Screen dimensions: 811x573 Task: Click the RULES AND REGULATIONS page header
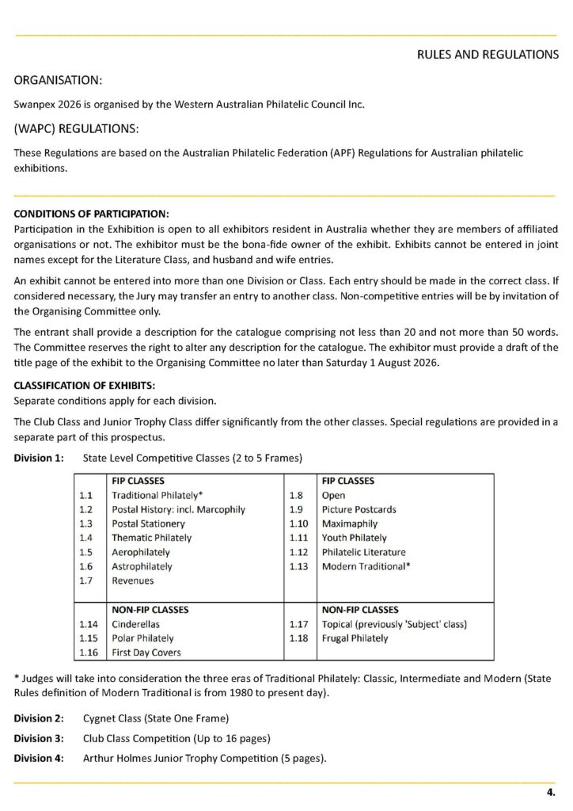click(488, 55)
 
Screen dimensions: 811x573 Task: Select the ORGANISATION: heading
click(58, 80)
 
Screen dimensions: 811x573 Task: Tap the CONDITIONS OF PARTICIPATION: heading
click(91, 215)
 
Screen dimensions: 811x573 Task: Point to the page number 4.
click(551, 792)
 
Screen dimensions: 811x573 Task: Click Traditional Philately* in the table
click(158, 495)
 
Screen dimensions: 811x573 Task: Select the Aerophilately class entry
click(140, 552)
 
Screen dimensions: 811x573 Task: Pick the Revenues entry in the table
click(132, 581)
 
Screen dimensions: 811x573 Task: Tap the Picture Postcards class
click(359, 509)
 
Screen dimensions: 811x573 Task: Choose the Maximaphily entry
click(350, 524)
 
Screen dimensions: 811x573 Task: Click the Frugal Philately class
click(355, 638)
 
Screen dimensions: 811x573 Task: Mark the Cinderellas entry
click(135, 624)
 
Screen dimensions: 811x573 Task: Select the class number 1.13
click(298, 566)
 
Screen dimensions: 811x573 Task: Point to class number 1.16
click(88, 653)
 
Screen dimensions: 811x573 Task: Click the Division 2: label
click(38, 718)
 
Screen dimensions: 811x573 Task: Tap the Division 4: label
click(38, 758)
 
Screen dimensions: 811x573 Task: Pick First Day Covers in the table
click(146, 653)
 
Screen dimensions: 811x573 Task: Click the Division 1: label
click(38, 458)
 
